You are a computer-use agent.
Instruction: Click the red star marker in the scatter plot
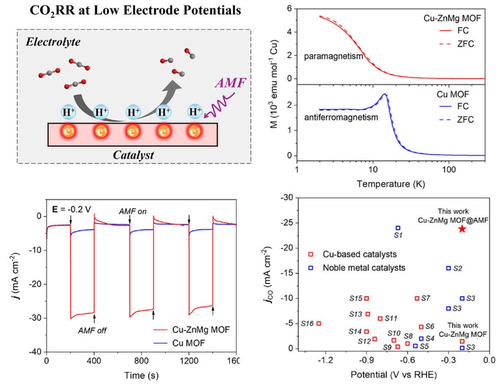pyautogui.click(x=462, y=228)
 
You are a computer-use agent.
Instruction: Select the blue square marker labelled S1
pyautogui.click(x=398, y=228)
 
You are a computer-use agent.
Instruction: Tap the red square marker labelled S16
pyautogui.click(x=319, y=323)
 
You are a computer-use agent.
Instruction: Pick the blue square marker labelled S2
pyautogui.click(x=449, y=268)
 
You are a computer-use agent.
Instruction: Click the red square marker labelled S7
pyautogui.click(x=417, y=298)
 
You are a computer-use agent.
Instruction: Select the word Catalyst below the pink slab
pyautogui.click(x=134, y=154)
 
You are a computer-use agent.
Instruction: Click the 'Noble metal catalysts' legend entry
pyautogui.click(x=364, y=268)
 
